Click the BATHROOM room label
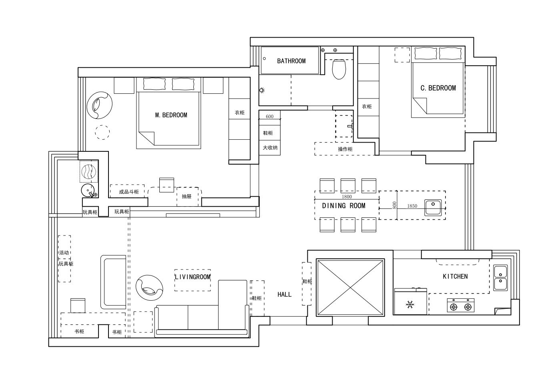pyautogui.click(x=291, y=61)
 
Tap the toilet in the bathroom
pyautogui.click(x=339, y=69)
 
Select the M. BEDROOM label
pyautogui.click(x=171, y=115)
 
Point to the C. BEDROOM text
pyautogui.click(x=438, y=88)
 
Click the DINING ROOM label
pyautogui.click(x=343, y=205)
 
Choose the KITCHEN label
pyautogui.click(x=455, y=276)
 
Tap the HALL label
pyautogui.click(x=285, y=294)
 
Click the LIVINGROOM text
pyautogui.click(x=193, y=277)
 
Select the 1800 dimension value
pyautogui.click(x=347, y=197)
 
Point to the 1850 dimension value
pyautogui.click(x=412, y=206)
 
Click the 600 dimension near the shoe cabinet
pyautogui.click(x=269, y=117)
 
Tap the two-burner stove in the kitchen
pyautogui.click(x=461, y=305)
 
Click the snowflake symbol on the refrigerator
pyautogui.click(x=410, y=304)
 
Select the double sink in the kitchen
pyautogui.click(x=500, y=278)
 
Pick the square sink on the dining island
pyautogui.click(x=433, y=207)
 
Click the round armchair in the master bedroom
pyautogui.click(x=99, y=105)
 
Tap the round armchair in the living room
pyautogui.click(x=149, y=288)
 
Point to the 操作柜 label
pyautogui.click(x=345, y=149)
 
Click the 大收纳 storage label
pyautogui.click(x=270, y=147)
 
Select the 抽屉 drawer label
pyautogui.click(x=187, y=196)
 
